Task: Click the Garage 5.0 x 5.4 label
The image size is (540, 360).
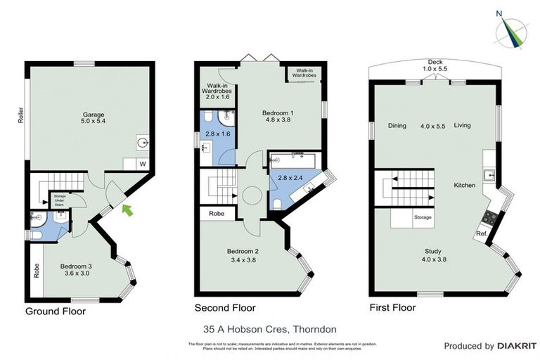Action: (94, 117)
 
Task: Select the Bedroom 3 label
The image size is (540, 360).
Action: (75, 270)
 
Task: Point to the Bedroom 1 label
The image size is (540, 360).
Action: (278, 116)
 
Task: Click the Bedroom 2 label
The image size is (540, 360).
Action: (243, 255)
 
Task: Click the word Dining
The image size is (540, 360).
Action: (397, 126)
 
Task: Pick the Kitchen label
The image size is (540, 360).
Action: (464, 185)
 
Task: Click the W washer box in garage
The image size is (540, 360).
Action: (143, 165)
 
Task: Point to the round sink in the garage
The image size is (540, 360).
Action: (143, 143)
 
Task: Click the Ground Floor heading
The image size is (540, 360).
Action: (55, 311)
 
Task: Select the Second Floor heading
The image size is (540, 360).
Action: (225, 308)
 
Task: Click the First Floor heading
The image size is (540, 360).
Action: (392, 308)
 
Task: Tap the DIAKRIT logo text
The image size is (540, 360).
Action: (506, 346)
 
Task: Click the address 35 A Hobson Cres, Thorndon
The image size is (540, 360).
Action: (269, 328)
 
